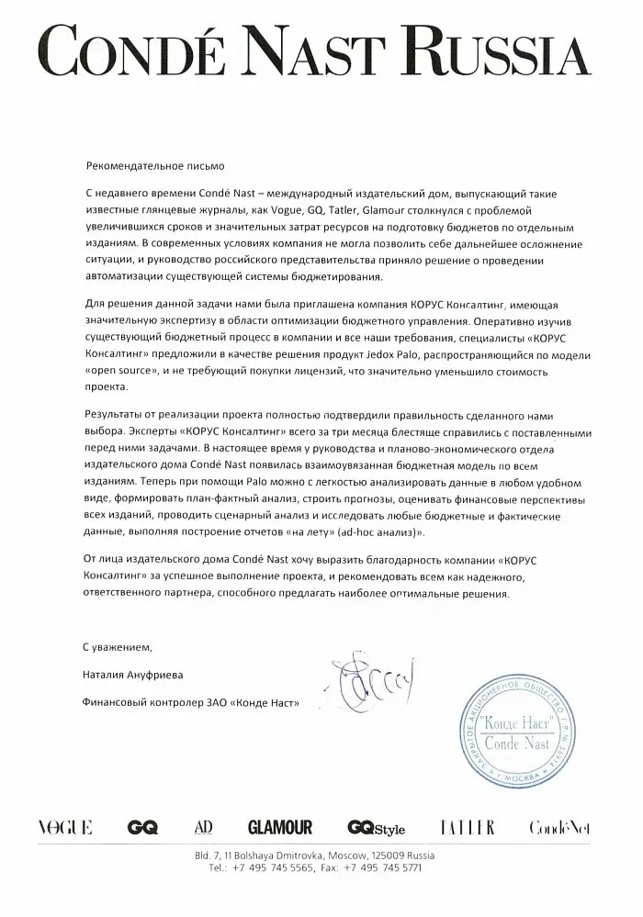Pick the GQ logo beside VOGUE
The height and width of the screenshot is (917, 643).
[143, 828]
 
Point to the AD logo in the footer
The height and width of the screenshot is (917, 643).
[203, 828]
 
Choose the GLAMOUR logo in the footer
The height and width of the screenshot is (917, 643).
[280, 828]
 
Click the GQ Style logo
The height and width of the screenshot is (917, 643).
[376, 828]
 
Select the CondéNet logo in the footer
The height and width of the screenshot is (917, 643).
[559, 828]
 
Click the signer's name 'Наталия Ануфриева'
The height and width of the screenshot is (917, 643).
[133, 676]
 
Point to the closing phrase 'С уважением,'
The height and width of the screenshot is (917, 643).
[114, 647]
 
